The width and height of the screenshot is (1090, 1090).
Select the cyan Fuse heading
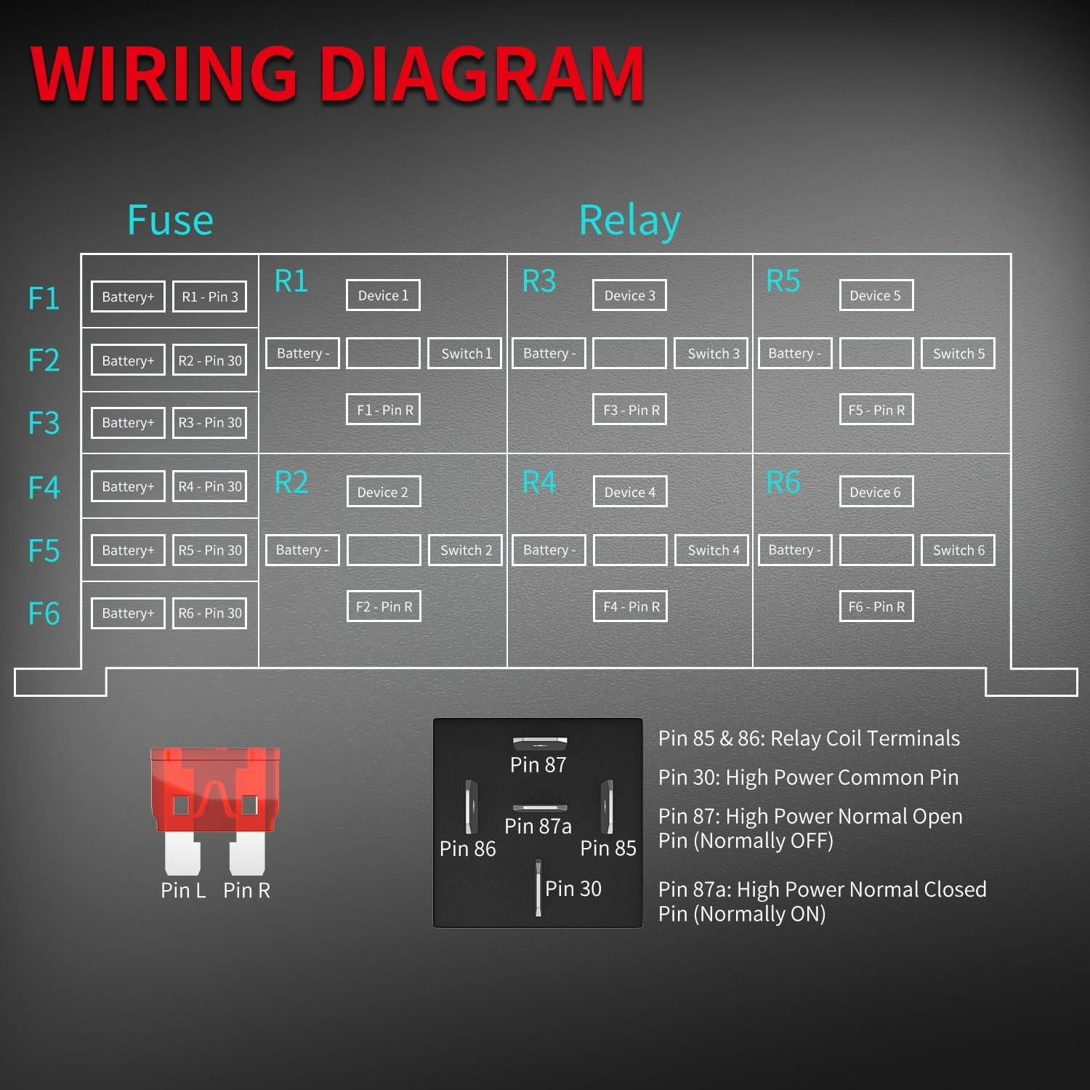(x=170, y=219)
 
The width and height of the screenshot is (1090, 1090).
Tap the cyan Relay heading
(x=630, y=221)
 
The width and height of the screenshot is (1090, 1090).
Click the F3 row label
(x=44, y=423)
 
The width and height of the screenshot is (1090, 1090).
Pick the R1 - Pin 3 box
(x=210, y=296)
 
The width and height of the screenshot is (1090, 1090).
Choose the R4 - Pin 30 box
(x=210, y=486)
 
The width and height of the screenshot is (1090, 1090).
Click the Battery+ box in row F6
(x=128, y=613)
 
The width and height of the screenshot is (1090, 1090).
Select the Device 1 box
(x=383, y=295)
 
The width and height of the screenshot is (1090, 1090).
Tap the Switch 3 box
(x=711, y=353)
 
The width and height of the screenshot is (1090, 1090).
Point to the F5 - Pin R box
(x=876, y=410)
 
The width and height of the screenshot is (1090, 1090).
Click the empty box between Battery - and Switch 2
(x=384, y=550)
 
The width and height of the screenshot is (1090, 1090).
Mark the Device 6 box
(x=876, y=492)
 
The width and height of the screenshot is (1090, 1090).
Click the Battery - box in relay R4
(x=549, y=550)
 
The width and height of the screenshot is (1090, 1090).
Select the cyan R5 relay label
(x=783, y=281)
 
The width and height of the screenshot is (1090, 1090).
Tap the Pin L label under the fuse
(x=183, y=890)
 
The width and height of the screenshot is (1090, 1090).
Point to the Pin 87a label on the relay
(x=538, y=826)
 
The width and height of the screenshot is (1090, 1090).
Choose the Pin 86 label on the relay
(x=467, y=848)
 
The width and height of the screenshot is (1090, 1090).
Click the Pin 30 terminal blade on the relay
(x=538, y=887)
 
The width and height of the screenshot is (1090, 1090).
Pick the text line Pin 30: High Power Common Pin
(x=808, y=778)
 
